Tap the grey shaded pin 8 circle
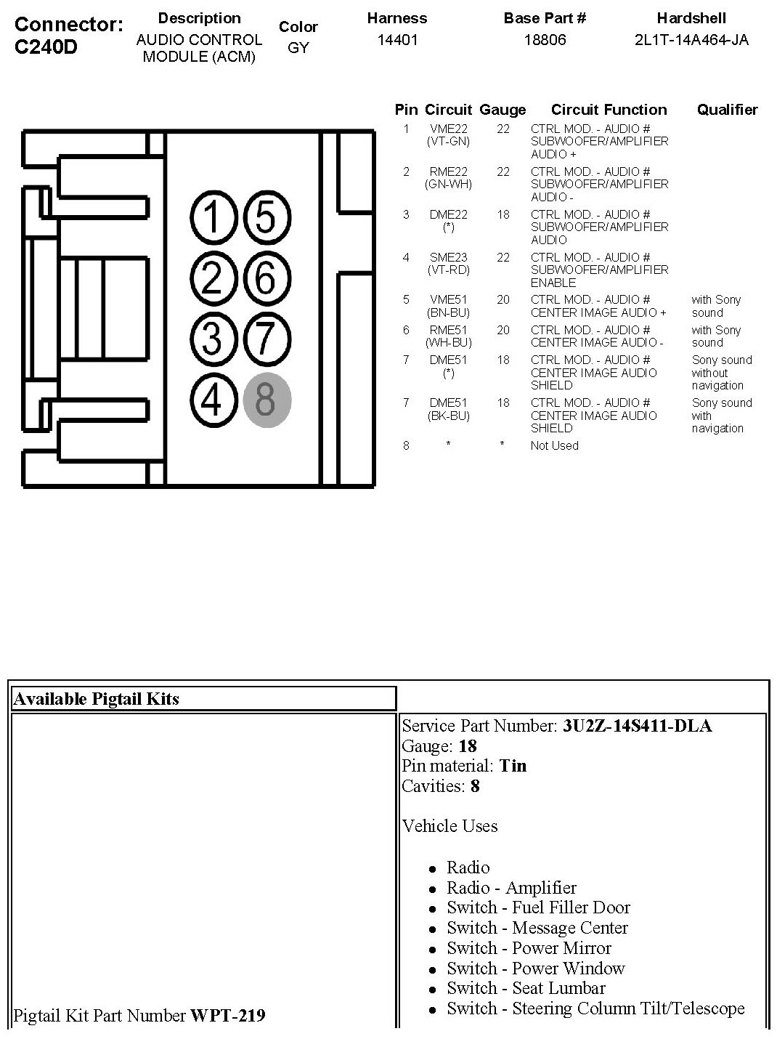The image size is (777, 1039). (x=267, y=400)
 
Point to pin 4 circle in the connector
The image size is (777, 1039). (x=212, y=400)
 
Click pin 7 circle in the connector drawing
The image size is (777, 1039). (x=267, y=339)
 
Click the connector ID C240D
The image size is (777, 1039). (x=46, y=47)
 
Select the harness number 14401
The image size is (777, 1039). (x=397, y=40)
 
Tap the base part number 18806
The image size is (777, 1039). (x=545, y=40)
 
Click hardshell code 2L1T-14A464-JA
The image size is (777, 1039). (x=691, y=40)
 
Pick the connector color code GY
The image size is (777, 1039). (x=298, y=48)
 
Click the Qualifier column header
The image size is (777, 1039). (x=727, y=110)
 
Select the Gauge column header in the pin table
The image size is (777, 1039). (x=503, y=110)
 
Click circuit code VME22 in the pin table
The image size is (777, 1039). (x=448, y=129)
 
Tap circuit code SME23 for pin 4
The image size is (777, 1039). (x=448, y=257)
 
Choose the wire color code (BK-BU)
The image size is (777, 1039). (x=448, y=416)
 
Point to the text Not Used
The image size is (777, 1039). (x=554, y=445)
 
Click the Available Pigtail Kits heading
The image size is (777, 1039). (x=96, y=699)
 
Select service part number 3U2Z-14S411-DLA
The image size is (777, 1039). (x=637, y=726)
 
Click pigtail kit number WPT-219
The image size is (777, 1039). (x=227, y=1015)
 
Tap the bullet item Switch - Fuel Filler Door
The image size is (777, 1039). (x=538, y=907)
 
